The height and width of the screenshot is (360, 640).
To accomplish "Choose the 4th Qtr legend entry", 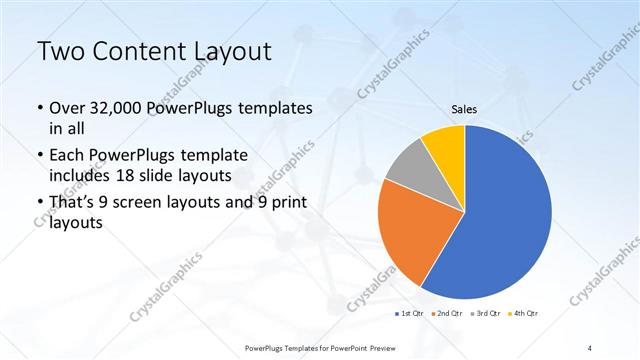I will tap(527, 314).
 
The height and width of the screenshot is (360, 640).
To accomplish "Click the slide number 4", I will tap(590, 347).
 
